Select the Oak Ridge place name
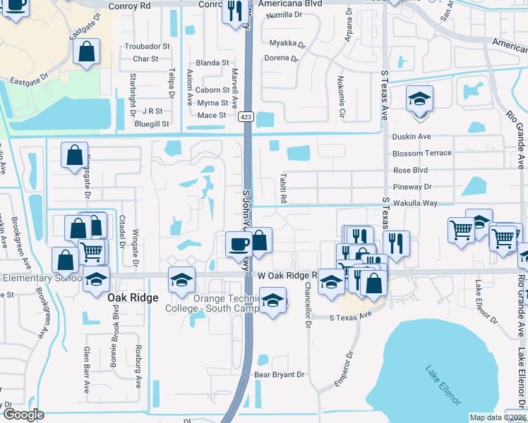click(131, 298)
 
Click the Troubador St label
click(147, 47)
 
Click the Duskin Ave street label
click(412, 136)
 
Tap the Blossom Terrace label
click(422, 153)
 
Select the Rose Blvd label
click(411, 170)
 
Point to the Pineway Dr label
click(412, 187)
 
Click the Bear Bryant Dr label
click(279, 375)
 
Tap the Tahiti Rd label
click(284, 188)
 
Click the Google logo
click(23, 415)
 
